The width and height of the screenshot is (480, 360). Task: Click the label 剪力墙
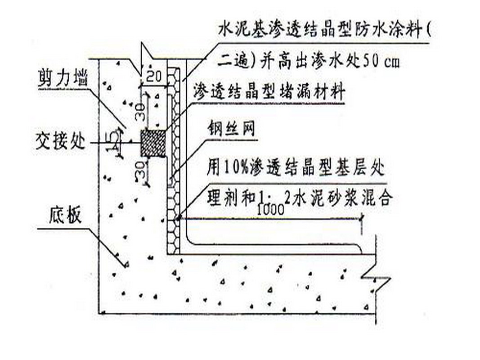pyautogui.click(x=61, y=80)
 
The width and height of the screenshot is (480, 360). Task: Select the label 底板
pyautogui.click(x=65, y=216)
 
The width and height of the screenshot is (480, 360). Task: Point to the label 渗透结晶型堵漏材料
pyautogui.click(x=269, y=92)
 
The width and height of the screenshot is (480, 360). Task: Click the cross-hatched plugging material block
pyautogui.click(x=153, y=143)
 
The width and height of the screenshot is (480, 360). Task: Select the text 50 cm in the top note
pyautogui.click(x=377, y=60)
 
